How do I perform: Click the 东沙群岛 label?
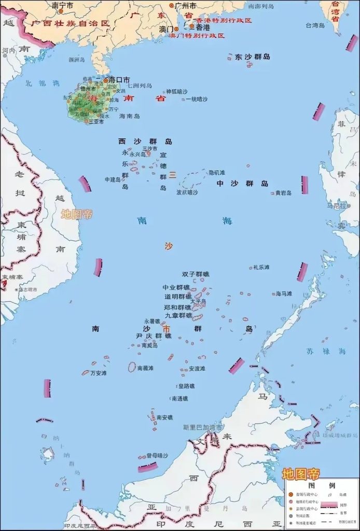pyautogui.click(x=252, y=57)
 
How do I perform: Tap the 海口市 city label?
pyautogui.click(x=119, y=80)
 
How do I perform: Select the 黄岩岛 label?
pyautogui.click(x=283, y=193)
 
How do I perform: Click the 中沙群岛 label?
pyautogui.click(x=242, y=184)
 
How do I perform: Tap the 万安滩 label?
pyautogui.click(x=99, y=372)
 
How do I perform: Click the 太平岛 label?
pyautogui.click(x=198, y=301)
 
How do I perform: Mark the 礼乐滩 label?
pyautogui.click(x=261, y=268)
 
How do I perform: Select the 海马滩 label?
pyautogui.click(x=284, y=294)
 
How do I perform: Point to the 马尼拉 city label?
pyautogui.click(x=336, y=206)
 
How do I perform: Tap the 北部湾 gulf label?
pyautogui.click(x=43, y=83)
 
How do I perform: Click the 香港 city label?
pyautogui.click(x=203, y=27)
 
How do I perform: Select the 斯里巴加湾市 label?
pyautogui.click(x=203, y=428)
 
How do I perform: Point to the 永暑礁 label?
pyautogui.click(x=152, y=321)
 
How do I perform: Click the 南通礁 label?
pyautogui.click(x=179, y=398)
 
